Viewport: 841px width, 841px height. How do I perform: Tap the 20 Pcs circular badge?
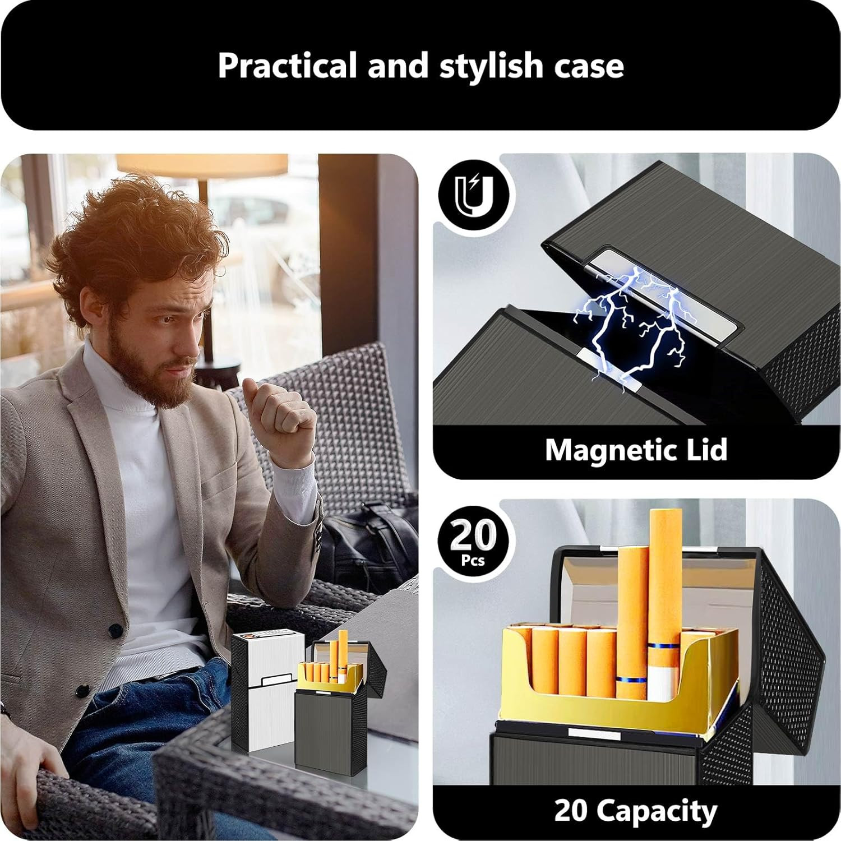pos(474,542)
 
